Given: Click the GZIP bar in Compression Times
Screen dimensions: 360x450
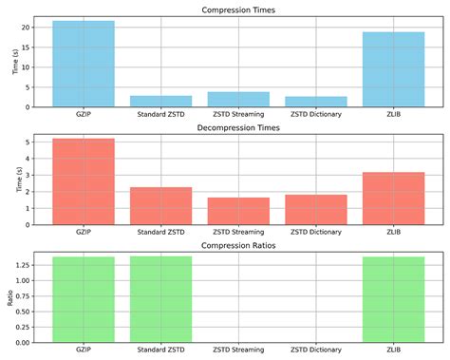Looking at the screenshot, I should coord(84,63).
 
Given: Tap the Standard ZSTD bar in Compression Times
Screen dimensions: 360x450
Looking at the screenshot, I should coord(160,101).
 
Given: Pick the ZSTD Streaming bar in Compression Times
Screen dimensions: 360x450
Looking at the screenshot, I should coord(238,99).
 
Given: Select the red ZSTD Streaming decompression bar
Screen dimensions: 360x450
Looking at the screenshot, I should coord(238,210).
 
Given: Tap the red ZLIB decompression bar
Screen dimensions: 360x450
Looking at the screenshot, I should coord(393,198).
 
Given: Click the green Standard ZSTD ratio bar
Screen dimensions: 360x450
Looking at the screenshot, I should coord(160,299).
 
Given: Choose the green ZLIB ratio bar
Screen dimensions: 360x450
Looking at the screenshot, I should coord(393,299).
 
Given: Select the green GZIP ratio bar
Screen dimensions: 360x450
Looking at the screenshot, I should coord(84,299).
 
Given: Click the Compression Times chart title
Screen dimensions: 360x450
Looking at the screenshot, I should coord(238,10).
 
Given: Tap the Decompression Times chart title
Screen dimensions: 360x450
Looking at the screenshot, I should coord(238,127).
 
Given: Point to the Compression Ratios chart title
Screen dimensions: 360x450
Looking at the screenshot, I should coord(238,246).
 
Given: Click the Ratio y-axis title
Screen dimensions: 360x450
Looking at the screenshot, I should coord(10,299).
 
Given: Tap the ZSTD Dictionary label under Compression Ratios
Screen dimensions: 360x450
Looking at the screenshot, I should coord(315,351).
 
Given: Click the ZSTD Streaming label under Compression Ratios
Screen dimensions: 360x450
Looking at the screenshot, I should coord(238,351).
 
